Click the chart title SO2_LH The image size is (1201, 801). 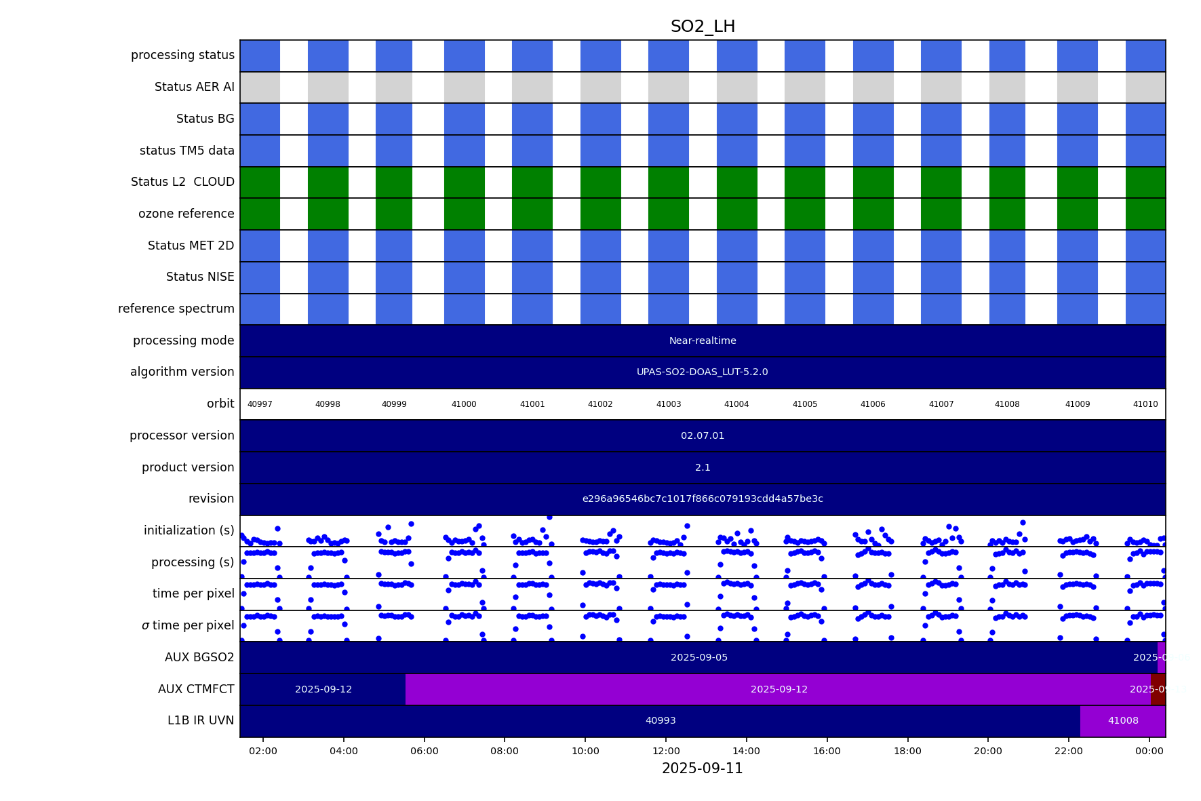tap(703, 27)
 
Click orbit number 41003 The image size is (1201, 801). tap(669, 404)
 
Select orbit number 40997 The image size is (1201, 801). tap(260, 404)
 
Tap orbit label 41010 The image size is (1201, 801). tap(1145, 404)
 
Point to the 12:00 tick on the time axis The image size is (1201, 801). tap(666, 751)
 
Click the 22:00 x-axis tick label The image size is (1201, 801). tap(1069, 751)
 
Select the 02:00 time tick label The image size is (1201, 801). tap(263, 751)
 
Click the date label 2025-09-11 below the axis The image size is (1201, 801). tap(703, 768)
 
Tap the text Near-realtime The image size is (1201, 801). tap(703, 340)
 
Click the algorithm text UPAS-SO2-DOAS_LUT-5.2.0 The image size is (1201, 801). tap(703, 372)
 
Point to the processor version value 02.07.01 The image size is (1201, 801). tap(703, 435)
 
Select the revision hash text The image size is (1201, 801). tap(703, 499)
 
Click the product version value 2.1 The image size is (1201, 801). tap(703, 467)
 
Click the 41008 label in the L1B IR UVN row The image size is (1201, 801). tap(1123, 721)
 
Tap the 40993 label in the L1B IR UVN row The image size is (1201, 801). tap(661, 721)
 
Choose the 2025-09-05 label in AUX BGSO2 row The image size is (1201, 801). tap(699, 658)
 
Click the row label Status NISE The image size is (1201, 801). tap(200, 277)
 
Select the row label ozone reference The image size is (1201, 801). tap(186, 214)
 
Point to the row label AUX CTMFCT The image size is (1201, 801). tap(196, 689)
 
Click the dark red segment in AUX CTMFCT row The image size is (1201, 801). tap(1158, 689)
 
